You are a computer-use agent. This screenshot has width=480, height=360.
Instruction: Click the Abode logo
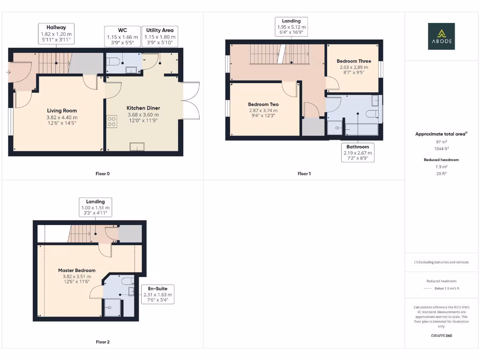[x=441, y=36]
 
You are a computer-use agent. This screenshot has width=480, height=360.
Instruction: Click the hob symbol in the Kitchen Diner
[x=112, y=122]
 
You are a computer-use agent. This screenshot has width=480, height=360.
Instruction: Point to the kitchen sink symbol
[x=137, y=147]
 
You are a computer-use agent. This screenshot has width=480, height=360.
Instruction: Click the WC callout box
[x=122, y=37]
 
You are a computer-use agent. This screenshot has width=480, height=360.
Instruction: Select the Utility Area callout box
[x=159, y=37]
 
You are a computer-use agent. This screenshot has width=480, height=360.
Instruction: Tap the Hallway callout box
[x=56, y=34]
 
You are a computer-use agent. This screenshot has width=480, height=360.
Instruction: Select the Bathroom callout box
[x=358, y=152]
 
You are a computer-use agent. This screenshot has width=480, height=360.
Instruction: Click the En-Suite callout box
[x=157, y=294]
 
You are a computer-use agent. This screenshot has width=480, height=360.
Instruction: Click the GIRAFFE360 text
[x=441, y=336]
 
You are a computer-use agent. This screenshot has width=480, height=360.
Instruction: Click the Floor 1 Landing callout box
[x=291, y=27]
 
